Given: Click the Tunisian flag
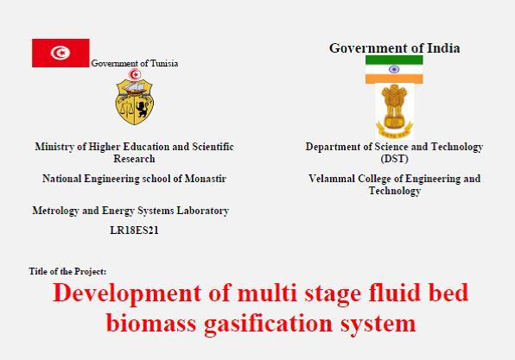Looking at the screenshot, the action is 60,53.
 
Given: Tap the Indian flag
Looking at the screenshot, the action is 394,69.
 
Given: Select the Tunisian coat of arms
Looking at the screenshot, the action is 135,97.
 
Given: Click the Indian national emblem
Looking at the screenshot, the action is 394,111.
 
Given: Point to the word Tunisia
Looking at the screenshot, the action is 164,63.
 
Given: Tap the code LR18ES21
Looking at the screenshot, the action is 134,231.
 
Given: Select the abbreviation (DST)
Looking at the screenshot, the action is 395,159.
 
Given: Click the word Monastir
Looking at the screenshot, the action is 206,179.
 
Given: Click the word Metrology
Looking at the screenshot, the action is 55,211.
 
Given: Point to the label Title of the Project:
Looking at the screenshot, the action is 67,272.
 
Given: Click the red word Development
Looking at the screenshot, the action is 127,293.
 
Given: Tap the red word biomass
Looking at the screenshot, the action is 151,323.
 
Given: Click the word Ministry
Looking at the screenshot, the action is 54,147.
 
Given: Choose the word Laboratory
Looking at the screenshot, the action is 203,211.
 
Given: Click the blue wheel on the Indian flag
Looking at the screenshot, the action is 394,69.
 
